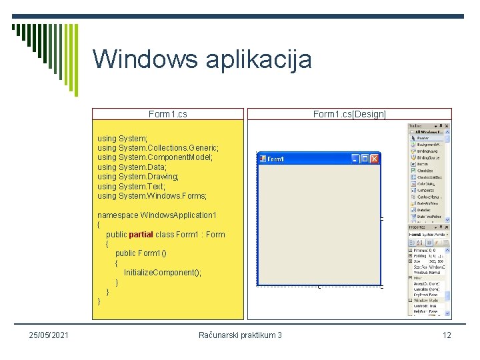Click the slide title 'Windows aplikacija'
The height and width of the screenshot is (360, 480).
coord(202,59)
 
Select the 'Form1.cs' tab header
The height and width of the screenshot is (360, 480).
coord(168,114)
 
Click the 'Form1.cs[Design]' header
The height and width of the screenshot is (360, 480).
coord(349,114)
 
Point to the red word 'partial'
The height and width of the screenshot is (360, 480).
coord(141,235)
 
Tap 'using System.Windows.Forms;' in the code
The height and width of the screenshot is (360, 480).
coord(152,196)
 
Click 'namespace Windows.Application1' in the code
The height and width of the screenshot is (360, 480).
coord(157,215)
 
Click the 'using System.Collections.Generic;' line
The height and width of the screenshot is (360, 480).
coord(158,147)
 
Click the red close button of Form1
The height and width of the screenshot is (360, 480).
coord(374,159)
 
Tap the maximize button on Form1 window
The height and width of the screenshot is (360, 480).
coord(365,159)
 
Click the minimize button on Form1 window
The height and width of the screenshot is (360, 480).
coord(355,159)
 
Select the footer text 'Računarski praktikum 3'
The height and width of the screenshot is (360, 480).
coord(240,335)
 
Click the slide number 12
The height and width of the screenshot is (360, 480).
coord(447,335)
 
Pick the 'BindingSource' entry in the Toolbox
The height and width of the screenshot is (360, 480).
coord(427,156)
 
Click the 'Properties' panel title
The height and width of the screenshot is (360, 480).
coord(419,228)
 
